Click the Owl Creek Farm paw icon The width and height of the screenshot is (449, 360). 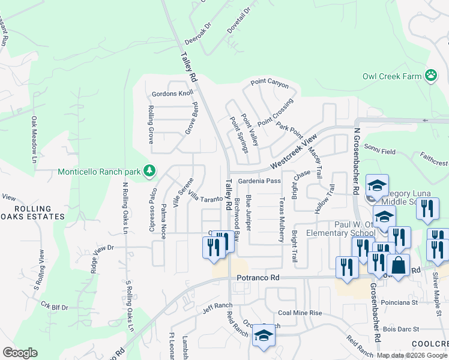[431, 75]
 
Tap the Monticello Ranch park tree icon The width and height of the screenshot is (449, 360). [149, 172]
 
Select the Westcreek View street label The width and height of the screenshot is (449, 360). [294, 152]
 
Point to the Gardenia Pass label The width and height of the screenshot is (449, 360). [259, 181]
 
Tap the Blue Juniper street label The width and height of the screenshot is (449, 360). [249, 212]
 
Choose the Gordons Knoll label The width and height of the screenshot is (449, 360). [172, 94]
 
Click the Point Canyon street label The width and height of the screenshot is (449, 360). [270, 83]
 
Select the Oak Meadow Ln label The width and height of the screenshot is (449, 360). [35, 140]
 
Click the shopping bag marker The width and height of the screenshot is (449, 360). [398, 265]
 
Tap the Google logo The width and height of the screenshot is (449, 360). [20, 353]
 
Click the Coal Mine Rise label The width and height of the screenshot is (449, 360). [300, 313]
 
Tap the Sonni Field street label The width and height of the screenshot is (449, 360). [381, 152]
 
